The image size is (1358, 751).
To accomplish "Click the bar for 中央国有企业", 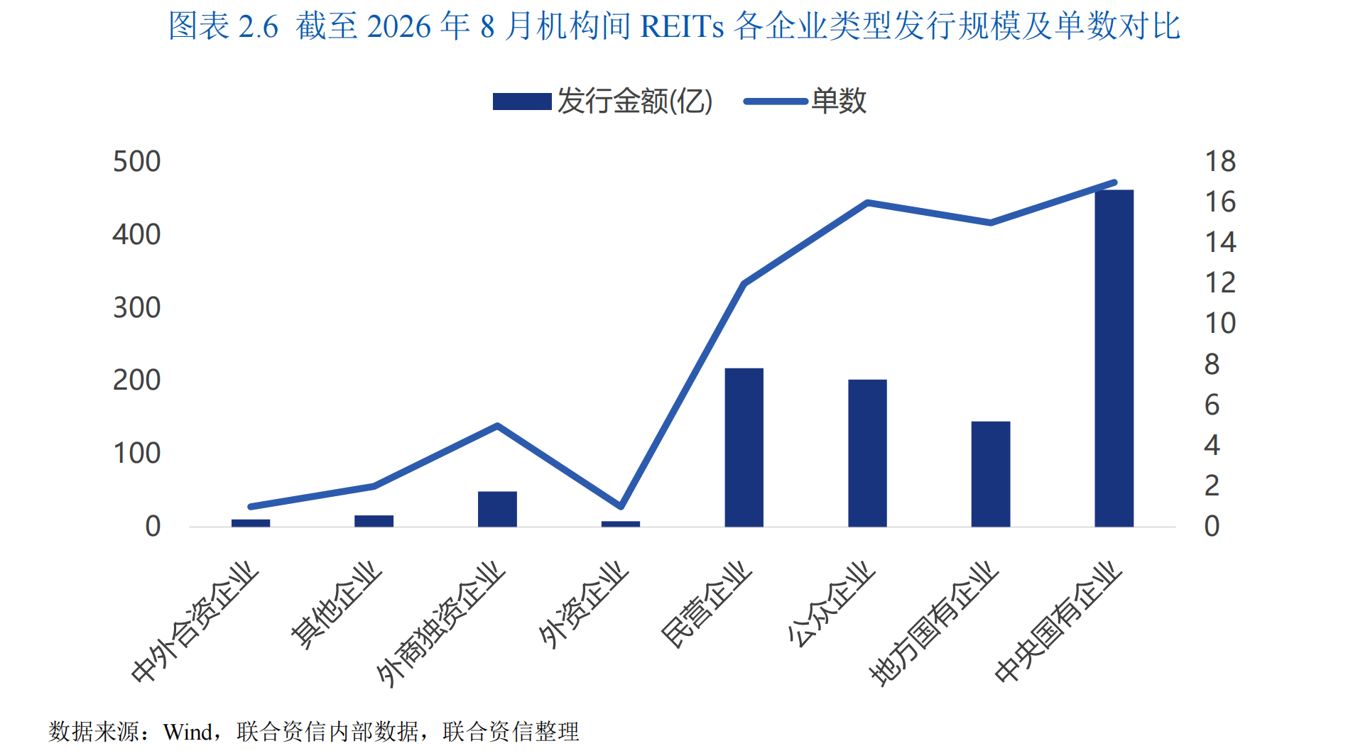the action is (1114, 358).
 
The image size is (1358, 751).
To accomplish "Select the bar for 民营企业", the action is (744, 447).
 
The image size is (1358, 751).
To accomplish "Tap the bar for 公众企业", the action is (867, 453).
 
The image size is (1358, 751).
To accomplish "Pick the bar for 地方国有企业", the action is (991, 474).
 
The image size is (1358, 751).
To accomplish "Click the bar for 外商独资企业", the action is (497, 509).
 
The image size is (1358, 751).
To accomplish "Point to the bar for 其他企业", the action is (374, 521).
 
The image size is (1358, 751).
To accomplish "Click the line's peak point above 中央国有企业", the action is (1114, 182).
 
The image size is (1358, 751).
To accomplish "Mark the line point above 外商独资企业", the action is (497, 426).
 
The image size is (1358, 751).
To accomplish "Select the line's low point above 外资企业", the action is (621, 507).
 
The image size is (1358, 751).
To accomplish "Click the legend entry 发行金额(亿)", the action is (603, 102).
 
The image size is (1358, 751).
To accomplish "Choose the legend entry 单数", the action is (805, 102).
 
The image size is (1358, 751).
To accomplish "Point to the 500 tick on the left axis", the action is (137, 162).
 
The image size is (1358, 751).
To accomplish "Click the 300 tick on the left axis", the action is (137, 308).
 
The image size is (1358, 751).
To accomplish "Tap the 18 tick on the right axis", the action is (1220, 162).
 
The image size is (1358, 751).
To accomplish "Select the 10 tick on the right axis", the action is (1220, 324).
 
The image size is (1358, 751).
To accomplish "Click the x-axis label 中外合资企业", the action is (195, 622).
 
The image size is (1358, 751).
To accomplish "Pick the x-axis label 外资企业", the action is (584, 605).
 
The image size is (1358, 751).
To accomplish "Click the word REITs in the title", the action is (682, 27).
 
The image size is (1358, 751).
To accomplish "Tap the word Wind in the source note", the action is (188, 732).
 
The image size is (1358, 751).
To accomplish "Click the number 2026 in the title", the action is (399, 27).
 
